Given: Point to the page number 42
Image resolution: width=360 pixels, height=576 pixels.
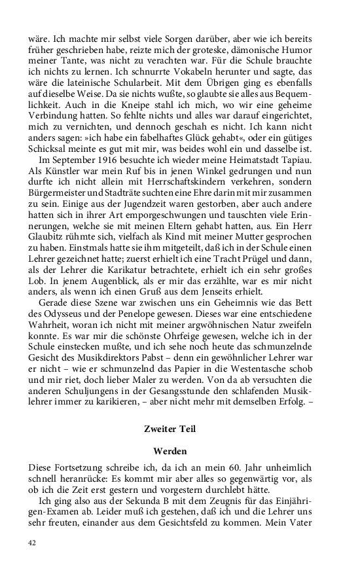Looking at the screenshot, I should (32, 543).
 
